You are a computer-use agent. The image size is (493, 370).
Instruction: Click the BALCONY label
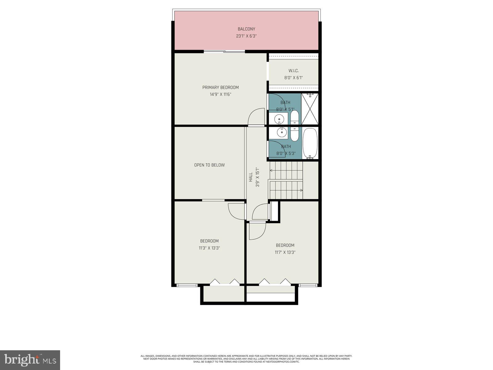(246, 29)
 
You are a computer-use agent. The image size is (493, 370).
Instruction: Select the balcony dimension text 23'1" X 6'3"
(246, 36)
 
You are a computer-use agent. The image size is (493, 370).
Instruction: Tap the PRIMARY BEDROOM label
(220, 88)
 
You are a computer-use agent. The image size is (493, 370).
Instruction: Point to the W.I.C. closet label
(293, 71)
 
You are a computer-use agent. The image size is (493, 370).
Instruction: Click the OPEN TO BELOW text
(209, 165)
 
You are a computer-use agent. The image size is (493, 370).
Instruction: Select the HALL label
(251, 177)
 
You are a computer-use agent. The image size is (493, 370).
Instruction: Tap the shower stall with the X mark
(309, 109)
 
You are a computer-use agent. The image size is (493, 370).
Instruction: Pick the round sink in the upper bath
(279, 118)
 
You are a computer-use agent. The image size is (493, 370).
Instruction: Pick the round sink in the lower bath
(281, 133)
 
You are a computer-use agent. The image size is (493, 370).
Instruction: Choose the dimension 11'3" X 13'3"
(209, 248)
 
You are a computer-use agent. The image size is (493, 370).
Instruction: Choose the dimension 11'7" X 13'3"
(285, 252)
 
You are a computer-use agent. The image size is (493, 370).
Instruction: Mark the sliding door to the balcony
(224, 51)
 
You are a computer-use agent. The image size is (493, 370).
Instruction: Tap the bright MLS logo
(30, 360)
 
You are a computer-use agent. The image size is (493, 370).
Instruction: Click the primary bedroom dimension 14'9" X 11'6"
(220, 95)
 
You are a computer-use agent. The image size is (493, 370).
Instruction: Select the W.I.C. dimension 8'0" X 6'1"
(293, 78)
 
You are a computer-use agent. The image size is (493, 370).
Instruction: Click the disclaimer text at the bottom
(246, 359)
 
